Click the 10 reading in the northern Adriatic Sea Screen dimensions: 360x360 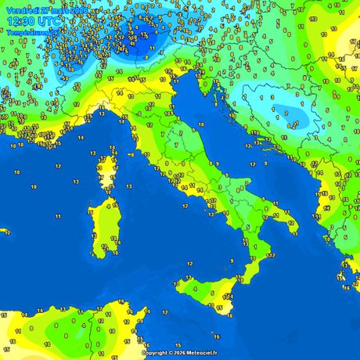(201, 124)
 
